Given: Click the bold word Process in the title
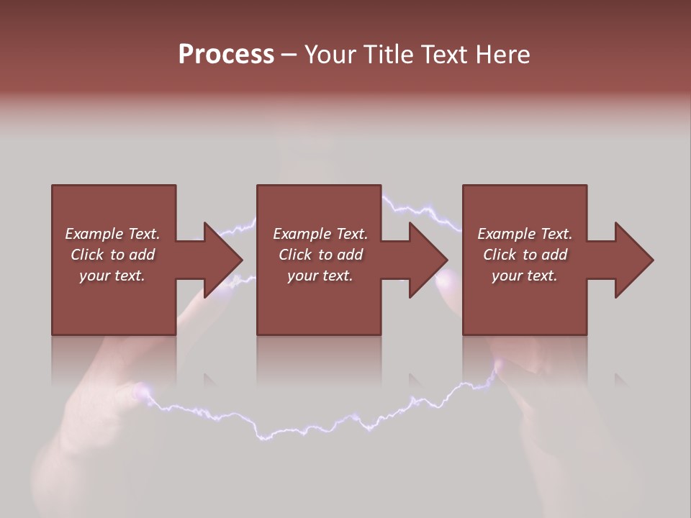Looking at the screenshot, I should [x=226, y=55].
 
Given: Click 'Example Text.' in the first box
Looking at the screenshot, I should [x=112, y=234].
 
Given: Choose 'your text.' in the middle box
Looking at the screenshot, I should [x=320, y=276].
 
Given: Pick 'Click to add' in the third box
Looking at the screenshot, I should [x=525, y=255].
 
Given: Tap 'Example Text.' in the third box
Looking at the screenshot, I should [x=525, y=234].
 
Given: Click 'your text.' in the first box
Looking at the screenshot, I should [x=112, y=276].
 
